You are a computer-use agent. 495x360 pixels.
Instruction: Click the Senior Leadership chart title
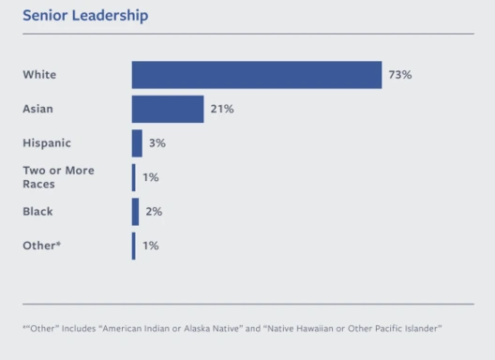click(85, 16)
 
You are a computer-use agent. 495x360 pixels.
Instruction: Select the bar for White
click(257, 75)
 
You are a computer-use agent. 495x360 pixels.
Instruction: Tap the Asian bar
click(168, 109)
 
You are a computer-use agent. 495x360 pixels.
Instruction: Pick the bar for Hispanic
click(137, 143)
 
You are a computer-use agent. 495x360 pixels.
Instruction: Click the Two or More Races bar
click(134, 177)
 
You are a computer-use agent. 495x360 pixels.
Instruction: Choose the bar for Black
click(135, 212)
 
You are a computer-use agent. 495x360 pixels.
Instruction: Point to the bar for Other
click(134, 246)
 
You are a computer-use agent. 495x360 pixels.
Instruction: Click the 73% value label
click(400, 75)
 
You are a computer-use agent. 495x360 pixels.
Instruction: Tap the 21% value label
click(222, 109)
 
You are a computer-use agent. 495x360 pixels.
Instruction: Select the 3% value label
click(157, 143)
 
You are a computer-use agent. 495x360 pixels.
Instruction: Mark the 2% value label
click(154, 212)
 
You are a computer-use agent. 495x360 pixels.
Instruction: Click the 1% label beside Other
click(151, 246)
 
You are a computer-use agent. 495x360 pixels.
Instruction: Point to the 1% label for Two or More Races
click(151, 177)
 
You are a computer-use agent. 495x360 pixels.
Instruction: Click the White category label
click(39, 75)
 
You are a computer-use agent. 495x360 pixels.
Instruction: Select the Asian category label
click(37, 109)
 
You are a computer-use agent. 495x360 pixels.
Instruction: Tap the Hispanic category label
click(47, 143)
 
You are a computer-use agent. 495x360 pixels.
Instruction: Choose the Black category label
click(37, 212)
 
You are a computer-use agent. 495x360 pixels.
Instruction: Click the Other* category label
click(41, 246)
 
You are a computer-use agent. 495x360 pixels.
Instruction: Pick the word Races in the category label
click(38, 184)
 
